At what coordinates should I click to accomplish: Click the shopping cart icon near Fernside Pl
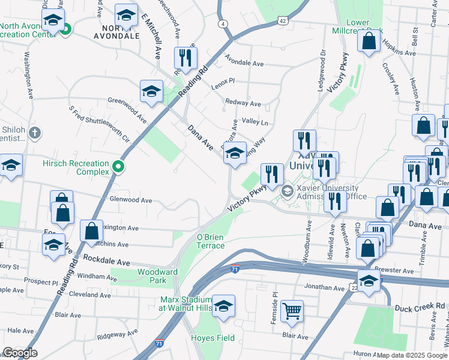pos(292,311)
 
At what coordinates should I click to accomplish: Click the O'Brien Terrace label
pos(211,241)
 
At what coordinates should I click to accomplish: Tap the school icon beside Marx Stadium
pos(223,307)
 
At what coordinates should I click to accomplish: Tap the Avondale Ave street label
pos(244,62)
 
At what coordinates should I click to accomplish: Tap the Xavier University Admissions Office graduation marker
pos(288,191)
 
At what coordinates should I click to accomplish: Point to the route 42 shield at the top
pos(283,20)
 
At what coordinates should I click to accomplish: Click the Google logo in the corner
pos(19,353)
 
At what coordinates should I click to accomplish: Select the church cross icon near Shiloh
pos(35,133)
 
